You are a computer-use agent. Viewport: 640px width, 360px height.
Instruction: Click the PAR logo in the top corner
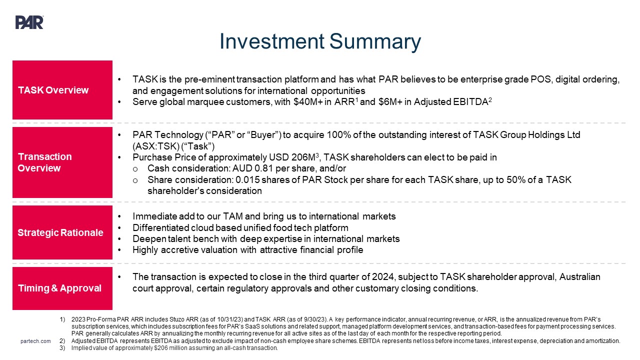click(29, 22)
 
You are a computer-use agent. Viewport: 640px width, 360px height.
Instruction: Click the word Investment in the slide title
click(272, 41)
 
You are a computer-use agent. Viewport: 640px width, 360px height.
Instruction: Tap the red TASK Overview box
click(62, 90)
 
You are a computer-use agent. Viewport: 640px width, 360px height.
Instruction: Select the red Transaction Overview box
click(62, 162)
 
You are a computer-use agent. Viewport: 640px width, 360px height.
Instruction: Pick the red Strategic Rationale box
click(62, 232)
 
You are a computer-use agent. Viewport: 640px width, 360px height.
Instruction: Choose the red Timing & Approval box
click(62, 288)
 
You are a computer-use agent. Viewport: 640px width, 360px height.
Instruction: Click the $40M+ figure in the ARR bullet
click(307, 101)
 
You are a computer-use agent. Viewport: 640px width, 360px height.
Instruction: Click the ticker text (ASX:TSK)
click(155, 146)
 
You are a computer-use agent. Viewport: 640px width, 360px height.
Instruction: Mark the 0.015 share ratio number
click(247, 180)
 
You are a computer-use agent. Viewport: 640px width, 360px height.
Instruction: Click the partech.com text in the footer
click(35, 341)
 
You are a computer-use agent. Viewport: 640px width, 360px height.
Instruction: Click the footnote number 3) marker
click(62, 348)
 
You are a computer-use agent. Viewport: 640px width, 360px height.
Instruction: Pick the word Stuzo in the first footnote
click(177, 319)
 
